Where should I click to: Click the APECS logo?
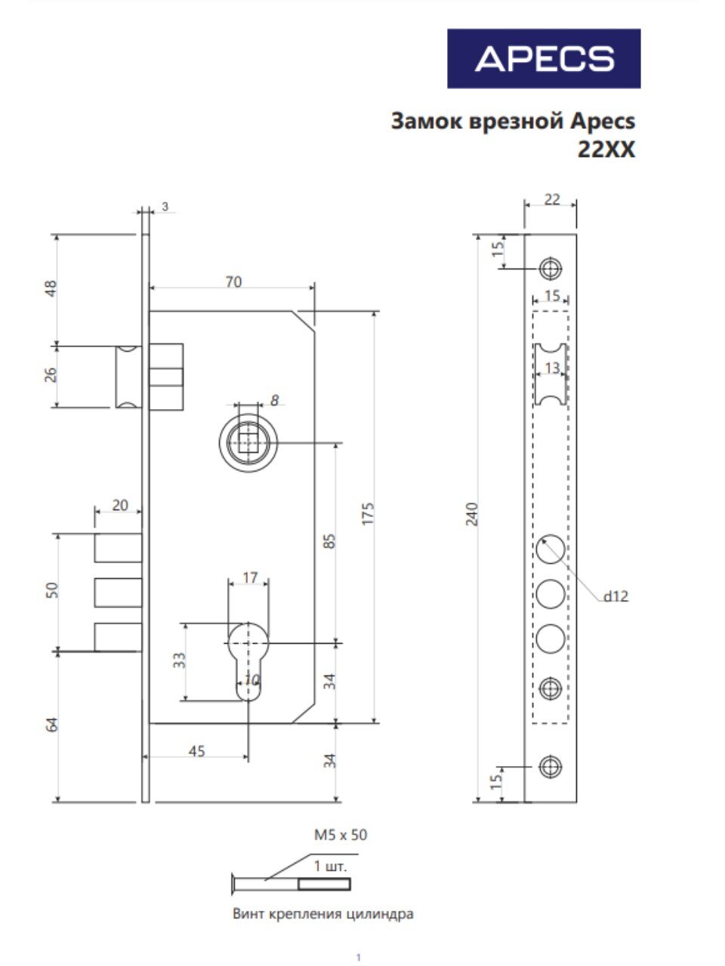pyautogui.click(x=544, y=59)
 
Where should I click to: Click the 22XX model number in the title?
pyautogui.click(x=606, y=150)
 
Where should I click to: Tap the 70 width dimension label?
pyautogui.click(x=233, y=282)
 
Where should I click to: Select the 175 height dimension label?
pyautogui.click(x=368, y=513)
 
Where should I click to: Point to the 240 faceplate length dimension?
pyautogui.click(x=471, y=514)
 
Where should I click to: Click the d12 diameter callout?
pyautogui.click(x=615, y=597)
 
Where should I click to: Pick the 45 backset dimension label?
pyautogui.click(x=197, y=751)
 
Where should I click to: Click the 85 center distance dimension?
pyautogui.click(x=331, y=541)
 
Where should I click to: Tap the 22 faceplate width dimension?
pyautogui.click(x=552, y=200)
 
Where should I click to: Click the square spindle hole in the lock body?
pyautogui.click(x=248, y=443)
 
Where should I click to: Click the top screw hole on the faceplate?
pyautogui.click(x=551, y=268)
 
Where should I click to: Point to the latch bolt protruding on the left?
pyautogui.click(x=128, y=377)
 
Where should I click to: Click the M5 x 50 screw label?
pyautogui.click(x=341, y=835)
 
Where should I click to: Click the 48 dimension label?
pyautogui.click(x=51, y=289)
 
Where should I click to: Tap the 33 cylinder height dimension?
pyautogui.click(x=179, y=660)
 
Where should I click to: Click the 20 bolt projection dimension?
pyautogui.click(x=120, y=505)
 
